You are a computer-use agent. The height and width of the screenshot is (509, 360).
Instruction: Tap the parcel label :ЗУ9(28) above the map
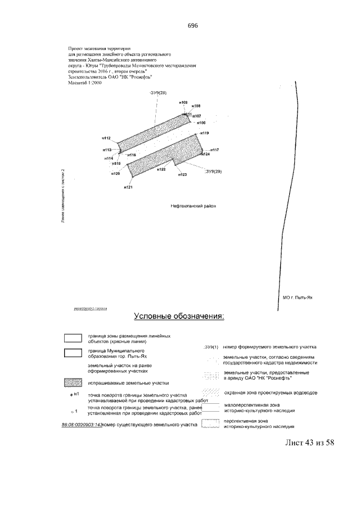(158, 92)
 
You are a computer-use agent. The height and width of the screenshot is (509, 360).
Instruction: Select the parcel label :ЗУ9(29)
(214, 171)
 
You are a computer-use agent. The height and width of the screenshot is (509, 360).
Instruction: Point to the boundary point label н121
(128, 187)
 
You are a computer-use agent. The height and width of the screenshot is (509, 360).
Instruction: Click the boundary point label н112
(106, 138)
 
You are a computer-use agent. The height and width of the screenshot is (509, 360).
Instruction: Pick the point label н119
(204, 133)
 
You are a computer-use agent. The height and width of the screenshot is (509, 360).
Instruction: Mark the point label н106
(201, 122)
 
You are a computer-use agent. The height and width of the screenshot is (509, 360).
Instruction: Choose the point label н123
(182, 175)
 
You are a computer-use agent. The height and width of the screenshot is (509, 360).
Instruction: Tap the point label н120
(116, 174)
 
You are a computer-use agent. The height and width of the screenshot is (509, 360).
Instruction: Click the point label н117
(214, 150)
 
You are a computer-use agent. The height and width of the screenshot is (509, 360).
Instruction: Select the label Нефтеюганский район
(193, 206)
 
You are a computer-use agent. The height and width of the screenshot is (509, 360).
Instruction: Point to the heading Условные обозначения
(178, 316)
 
